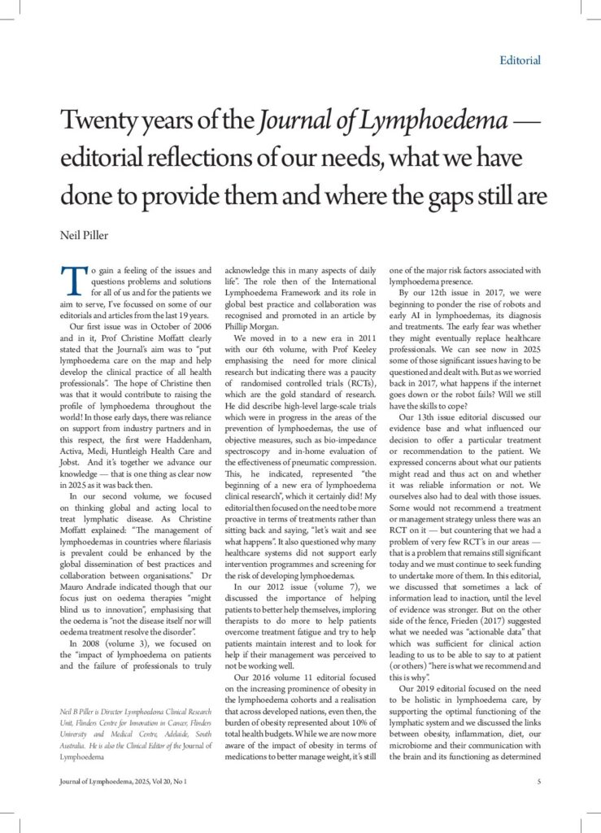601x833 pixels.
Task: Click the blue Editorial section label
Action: click(x=518, y=60)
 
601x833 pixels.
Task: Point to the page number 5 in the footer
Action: click(x=538, y=782)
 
